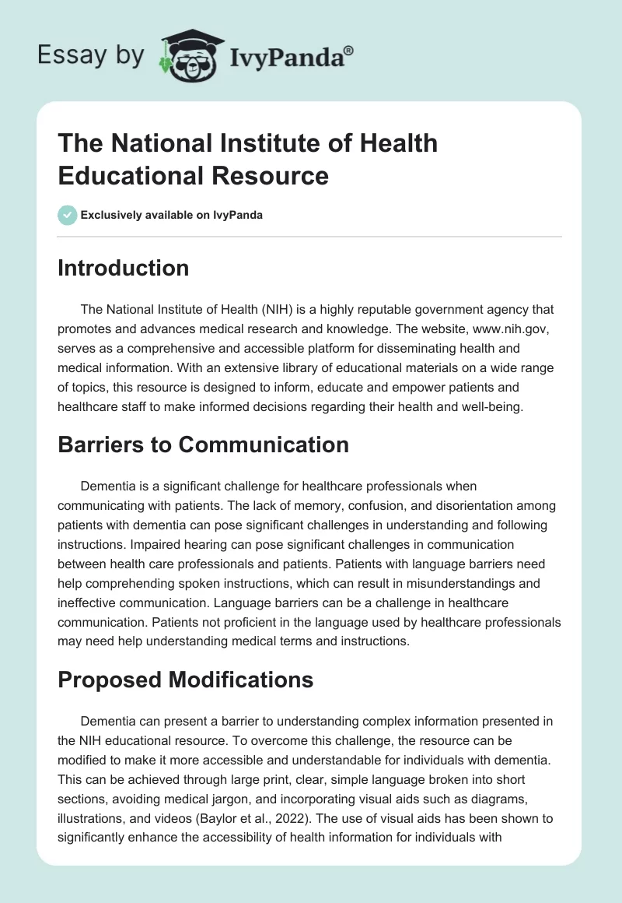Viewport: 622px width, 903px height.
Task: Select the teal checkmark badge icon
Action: click(x=68, y=215)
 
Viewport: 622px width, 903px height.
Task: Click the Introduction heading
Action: click(x=124, y=269)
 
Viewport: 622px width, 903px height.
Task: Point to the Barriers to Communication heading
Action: click(x=203, y=444)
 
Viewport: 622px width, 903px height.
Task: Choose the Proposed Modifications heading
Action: click(x=186, y=680)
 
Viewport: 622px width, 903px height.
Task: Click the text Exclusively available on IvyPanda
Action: click(x=172, y=215)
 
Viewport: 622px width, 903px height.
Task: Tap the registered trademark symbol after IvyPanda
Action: click(x=348, y=49)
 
